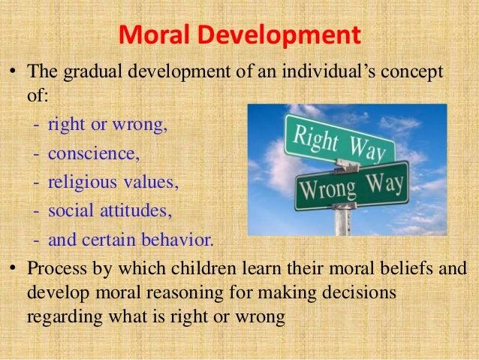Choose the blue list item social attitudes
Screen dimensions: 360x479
[110, 212]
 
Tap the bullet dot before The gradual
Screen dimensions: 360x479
[13, 74]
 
